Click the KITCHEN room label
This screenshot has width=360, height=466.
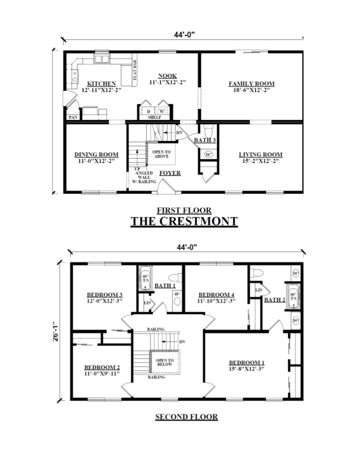coord(101,84)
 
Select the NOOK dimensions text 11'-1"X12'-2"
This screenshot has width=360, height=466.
coord(168,82)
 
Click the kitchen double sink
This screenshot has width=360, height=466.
coord(101,59)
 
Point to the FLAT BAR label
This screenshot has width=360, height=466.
coord(135,71)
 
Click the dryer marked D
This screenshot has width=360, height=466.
coord(148,111)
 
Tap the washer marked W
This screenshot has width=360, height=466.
coord(161,111)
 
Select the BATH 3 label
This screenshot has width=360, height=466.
coord(204,140)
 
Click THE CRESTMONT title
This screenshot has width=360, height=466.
coord(184,221)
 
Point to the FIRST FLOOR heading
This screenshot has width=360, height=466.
coord(184,210)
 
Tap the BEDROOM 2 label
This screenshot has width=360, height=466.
coord(102,368)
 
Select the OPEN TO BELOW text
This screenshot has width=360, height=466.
coord(162,362)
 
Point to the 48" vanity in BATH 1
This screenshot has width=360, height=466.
coord(177,301)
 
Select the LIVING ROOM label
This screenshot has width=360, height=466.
coord(261,154)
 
